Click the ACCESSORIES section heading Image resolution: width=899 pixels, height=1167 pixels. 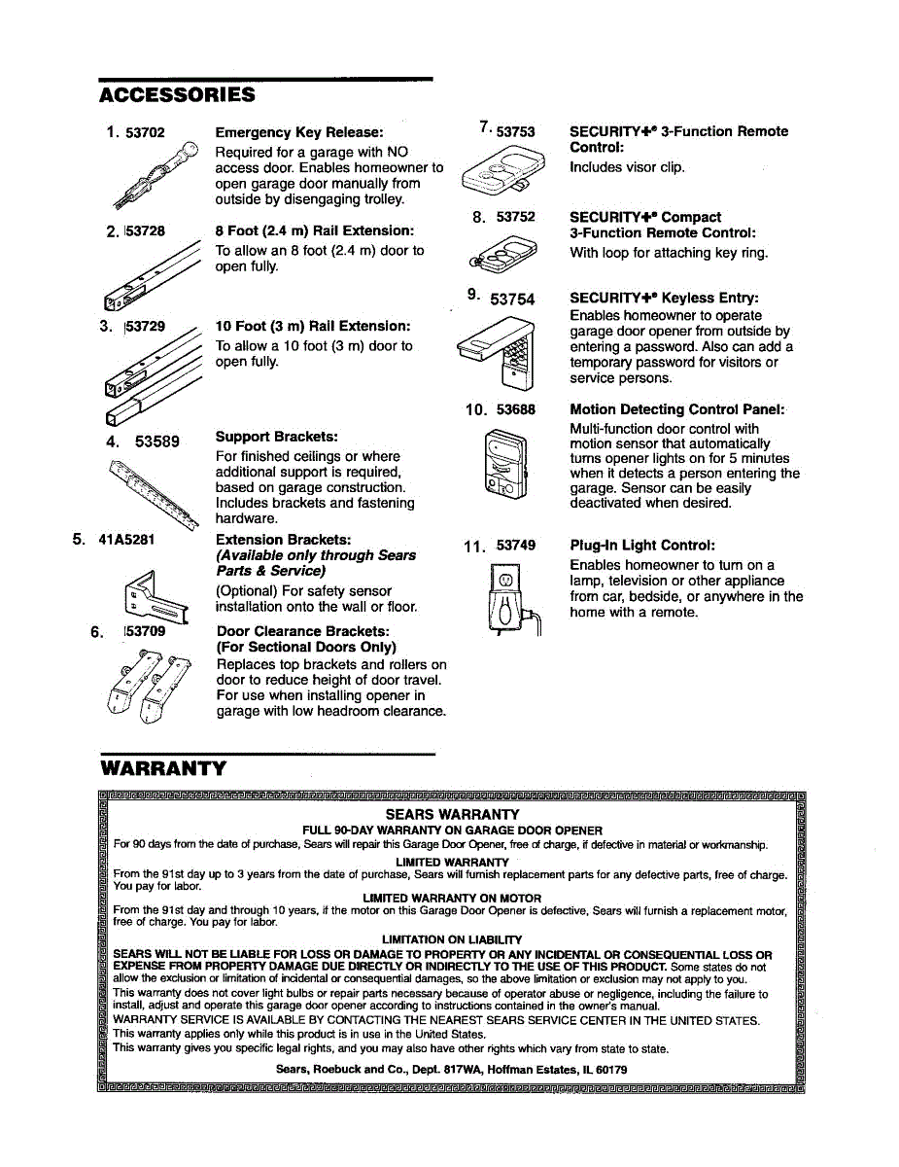(x=177, y=94)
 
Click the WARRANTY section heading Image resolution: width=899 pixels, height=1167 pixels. (x=163, y=768)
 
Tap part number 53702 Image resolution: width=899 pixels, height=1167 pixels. (x=145, y=132)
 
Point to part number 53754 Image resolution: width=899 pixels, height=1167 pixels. (x=512, y=300)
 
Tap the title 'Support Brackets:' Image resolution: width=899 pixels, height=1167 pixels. (x=277, y=438)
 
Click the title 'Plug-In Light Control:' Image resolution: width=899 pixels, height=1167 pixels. (x=642, y=546)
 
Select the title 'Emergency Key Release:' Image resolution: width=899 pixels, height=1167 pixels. (x=299, y=132)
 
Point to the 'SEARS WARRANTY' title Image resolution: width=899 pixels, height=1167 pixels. (x=452, y=814)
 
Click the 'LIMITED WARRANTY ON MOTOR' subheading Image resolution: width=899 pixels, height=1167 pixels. (x=452, y=898)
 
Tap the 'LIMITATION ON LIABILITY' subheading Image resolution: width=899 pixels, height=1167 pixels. (x=452, y=939)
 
